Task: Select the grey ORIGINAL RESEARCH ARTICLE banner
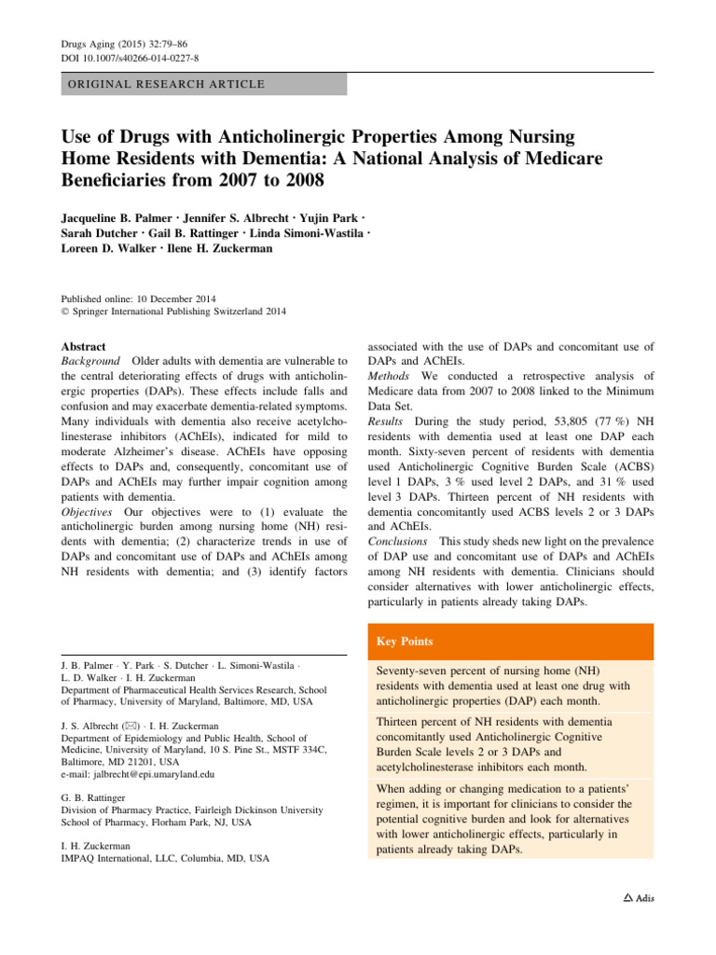(203, 85)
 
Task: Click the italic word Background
(90, 361)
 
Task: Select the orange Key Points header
(406, 643)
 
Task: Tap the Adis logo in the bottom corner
(639, 898)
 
